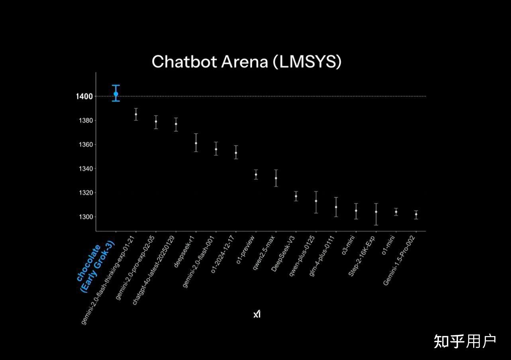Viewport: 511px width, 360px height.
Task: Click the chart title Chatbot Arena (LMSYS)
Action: (247, 62)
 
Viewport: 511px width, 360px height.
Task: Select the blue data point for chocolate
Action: (116, 94)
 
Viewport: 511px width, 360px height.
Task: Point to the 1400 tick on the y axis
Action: (84, 96)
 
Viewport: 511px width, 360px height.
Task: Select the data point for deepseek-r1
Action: (196, 143)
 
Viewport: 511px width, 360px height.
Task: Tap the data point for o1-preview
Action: (256, 175)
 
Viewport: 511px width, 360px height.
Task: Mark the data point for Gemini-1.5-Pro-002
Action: (416, 214)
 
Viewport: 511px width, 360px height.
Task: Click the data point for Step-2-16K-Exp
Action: (376, 212)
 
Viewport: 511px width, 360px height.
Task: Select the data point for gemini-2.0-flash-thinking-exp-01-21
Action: (136, 114)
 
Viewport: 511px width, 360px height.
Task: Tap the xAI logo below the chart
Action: (257, 314)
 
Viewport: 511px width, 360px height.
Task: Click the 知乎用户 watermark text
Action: (464, 341)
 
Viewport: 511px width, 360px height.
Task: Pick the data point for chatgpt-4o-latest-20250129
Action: (176, 124)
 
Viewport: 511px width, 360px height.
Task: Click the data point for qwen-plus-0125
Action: (316, 201)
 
